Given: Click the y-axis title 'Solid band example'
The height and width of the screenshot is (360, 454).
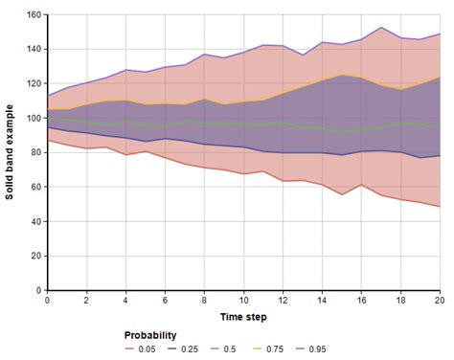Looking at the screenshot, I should click(10, 152).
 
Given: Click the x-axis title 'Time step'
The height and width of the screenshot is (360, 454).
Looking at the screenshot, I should click(243, 316).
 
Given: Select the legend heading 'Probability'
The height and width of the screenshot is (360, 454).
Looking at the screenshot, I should click(151, 336).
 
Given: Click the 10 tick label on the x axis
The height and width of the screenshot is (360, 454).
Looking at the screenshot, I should click(243, 300).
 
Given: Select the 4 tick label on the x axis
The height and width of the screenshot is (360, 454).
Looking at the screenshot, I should click(125, 300).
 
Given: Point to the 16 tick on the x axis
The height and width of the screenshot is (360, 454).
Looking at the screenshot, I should click(361, 300).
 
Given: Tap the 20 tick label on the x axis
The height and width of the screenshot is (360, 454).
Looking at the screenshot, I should click(439, 300).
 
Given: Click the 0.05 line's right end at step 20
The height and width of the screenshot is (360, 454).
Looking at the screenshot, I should click(440, 207).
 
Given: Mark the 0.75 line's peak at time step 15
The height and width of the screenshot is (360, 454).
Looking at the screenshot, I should click(342, 76).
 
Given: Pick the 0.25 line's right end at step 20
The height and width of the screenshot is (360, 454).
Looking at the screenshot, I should click(440, 155).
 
